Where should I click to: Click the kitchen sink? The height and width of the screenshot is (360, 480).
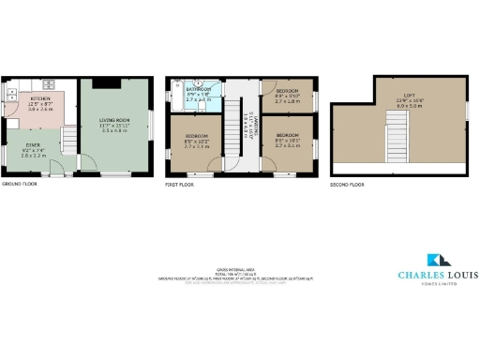pos(10,93)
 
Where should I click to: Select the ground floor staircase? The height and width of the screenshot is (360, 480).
pos(67,141)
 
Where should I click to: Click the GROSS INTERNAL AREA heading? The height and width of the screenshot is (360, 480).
pos(239,267)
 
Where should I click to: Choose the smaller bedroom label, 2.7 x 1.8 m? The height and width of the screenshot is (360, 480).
pos(286,95)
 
